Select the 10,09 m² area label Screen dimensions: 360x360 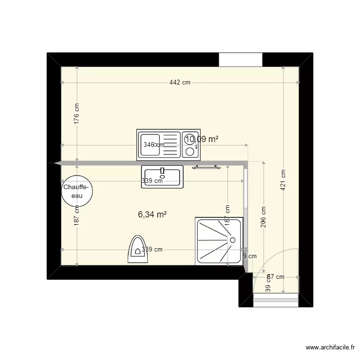[x=202, y=139]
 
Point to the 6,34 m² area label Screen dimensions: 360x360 [x=152, y=215]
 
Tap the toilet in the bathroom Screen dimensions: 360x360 [x=138, y=249]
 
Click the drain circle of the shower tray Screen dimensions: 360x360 [x=232, y=240]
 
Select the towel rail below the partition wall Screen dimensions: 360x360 [x=207, y=168]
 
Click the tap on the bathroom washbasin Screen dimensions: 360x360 [x=162, y=170]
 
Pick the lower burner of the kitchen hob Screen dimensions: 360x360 [x=191, y=152]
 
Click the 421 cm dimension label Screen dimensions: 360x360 [x=284, y=180]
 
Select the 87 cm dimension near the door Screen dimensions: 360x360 [x=276, y=277]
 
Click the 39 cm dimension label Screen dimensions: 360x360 [x=268, y=287]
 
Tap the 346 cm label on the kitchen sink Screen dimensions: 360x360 [x=153, y=144]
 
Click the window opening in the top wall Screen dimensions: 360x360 [x=240, y=60]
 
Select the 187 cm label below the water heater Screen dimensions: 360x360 [x=77, y=215]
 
